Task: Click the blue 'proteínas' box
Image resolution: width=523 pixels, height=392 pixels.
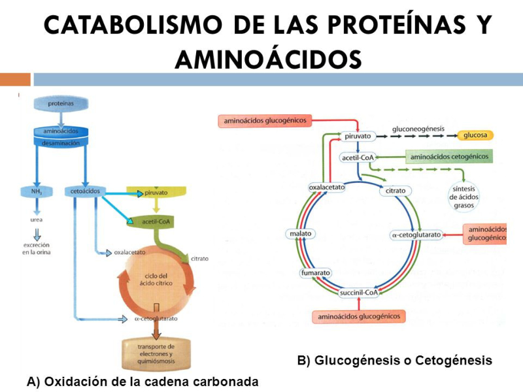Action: coord(60,104)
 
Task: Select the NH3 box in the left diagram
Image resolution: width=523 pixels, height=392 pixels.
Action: coord(36,191)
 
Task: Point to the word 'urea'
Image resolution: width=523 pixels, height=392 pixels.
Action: coord(37,220)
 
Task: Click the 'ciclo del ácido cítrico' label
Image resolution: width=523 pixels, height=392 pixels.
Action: coord(156,280)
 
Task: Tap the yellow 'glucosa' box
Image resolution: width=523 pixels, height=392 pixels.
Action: coord(475,136)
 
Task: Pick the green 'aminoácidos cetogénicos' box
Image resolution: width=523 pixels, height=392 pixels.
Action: coord(448,157)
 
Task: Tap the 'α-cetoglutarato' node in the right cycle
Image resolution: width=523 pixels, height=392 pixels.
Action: coord(415,234)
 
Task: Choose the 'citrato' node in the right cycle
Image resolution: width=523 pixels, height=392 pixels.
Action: coord(396,191)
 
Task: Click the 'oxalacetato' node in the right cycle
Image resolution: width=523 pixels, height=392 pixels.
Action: coord(327,188)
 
